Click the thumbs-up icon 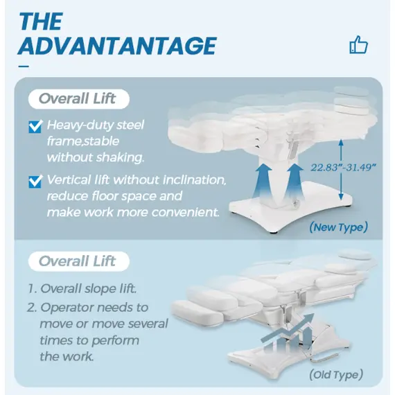[x=359, y=44]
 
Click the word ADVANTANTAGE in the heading [x=117, y=46]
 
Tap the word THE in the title [x=41, y=21]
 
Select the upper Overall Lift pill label [x=79, y=98]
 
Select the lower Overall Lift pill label [x=79, y=261]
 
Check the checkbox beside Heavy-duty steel [x=35, y=126]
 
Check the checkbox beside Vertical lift [x=35, y=182]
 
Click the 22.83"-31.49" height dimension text [x=344, y=167]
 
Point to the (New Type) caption [x=339, y=227]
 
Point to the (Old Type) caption [x=336, y=375]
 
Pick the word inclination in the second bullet [x=195, y=180]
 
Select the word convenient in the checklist [x=185, y=212]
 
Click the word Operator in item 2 [x=67, y=308]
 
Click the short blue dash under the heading [x=24, y=67]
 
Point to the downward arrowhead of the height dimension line [x=341, y=197]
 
